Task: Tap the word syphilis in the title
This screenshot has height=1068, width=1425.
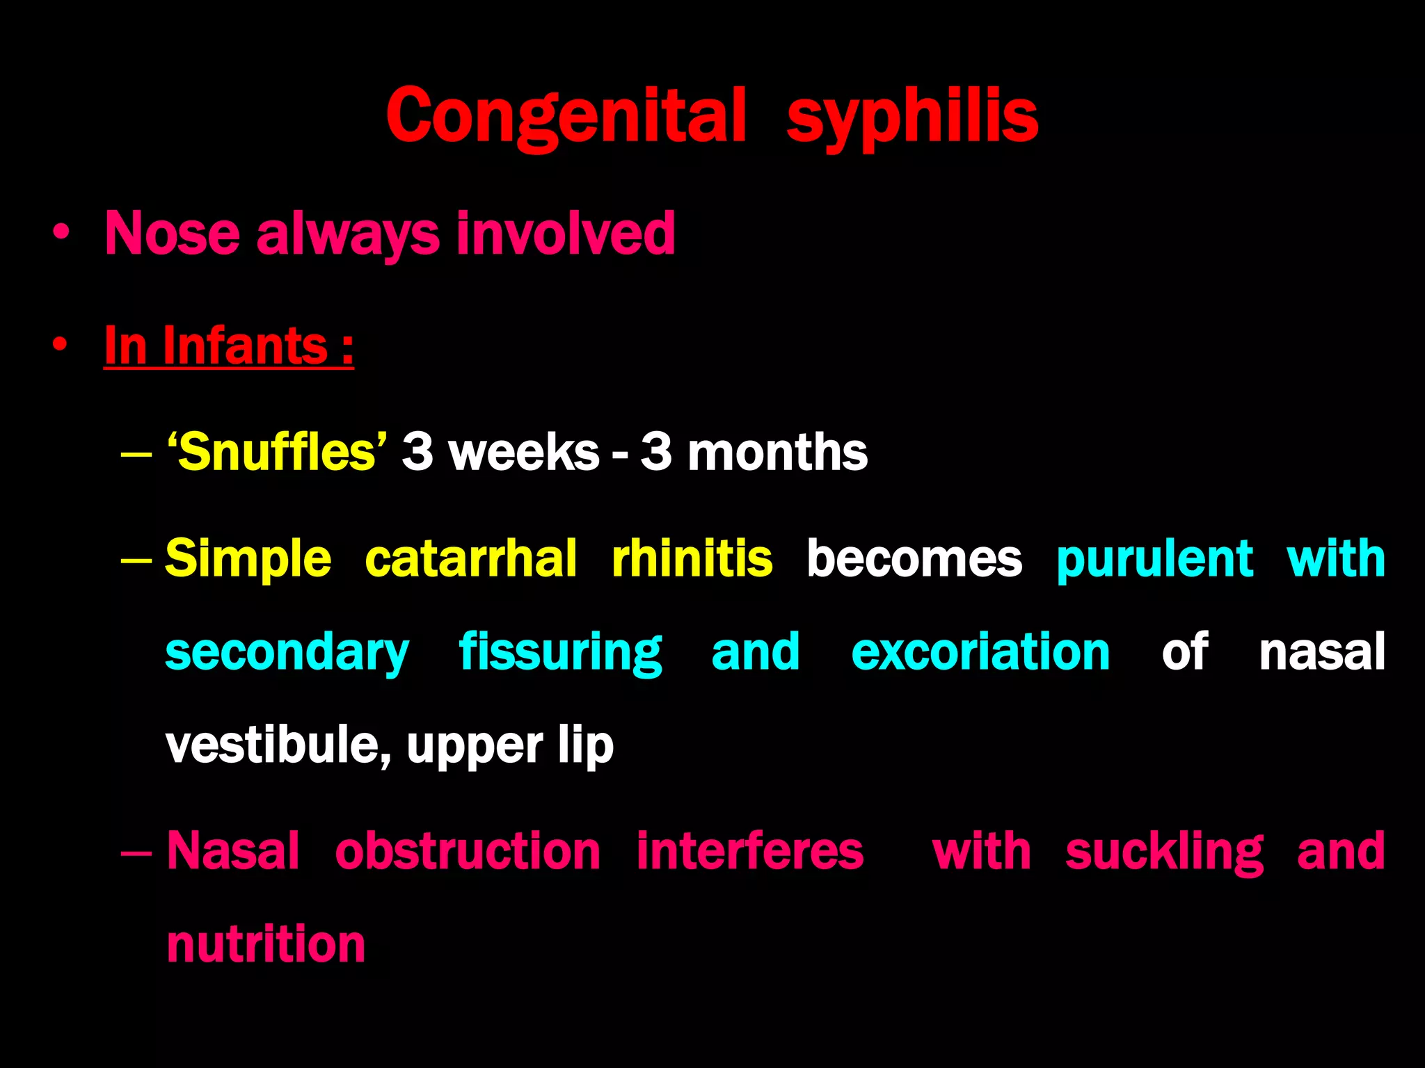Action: click(912, 117)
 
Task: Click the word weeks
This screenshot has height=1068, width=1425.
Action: click(524, 452)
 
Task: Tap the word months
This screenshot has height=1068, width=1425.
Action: click(777, 452)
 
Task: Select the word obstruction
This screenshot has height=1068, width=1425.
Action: click(467, 851)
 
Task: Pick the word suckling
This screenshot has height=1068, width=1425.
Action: click(1163, 852)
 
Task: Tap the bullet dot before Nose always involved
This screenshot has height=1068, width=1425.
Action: click(61, 234)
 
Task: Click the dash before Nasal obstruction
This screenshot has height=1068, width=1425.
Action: click(136, 851)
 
